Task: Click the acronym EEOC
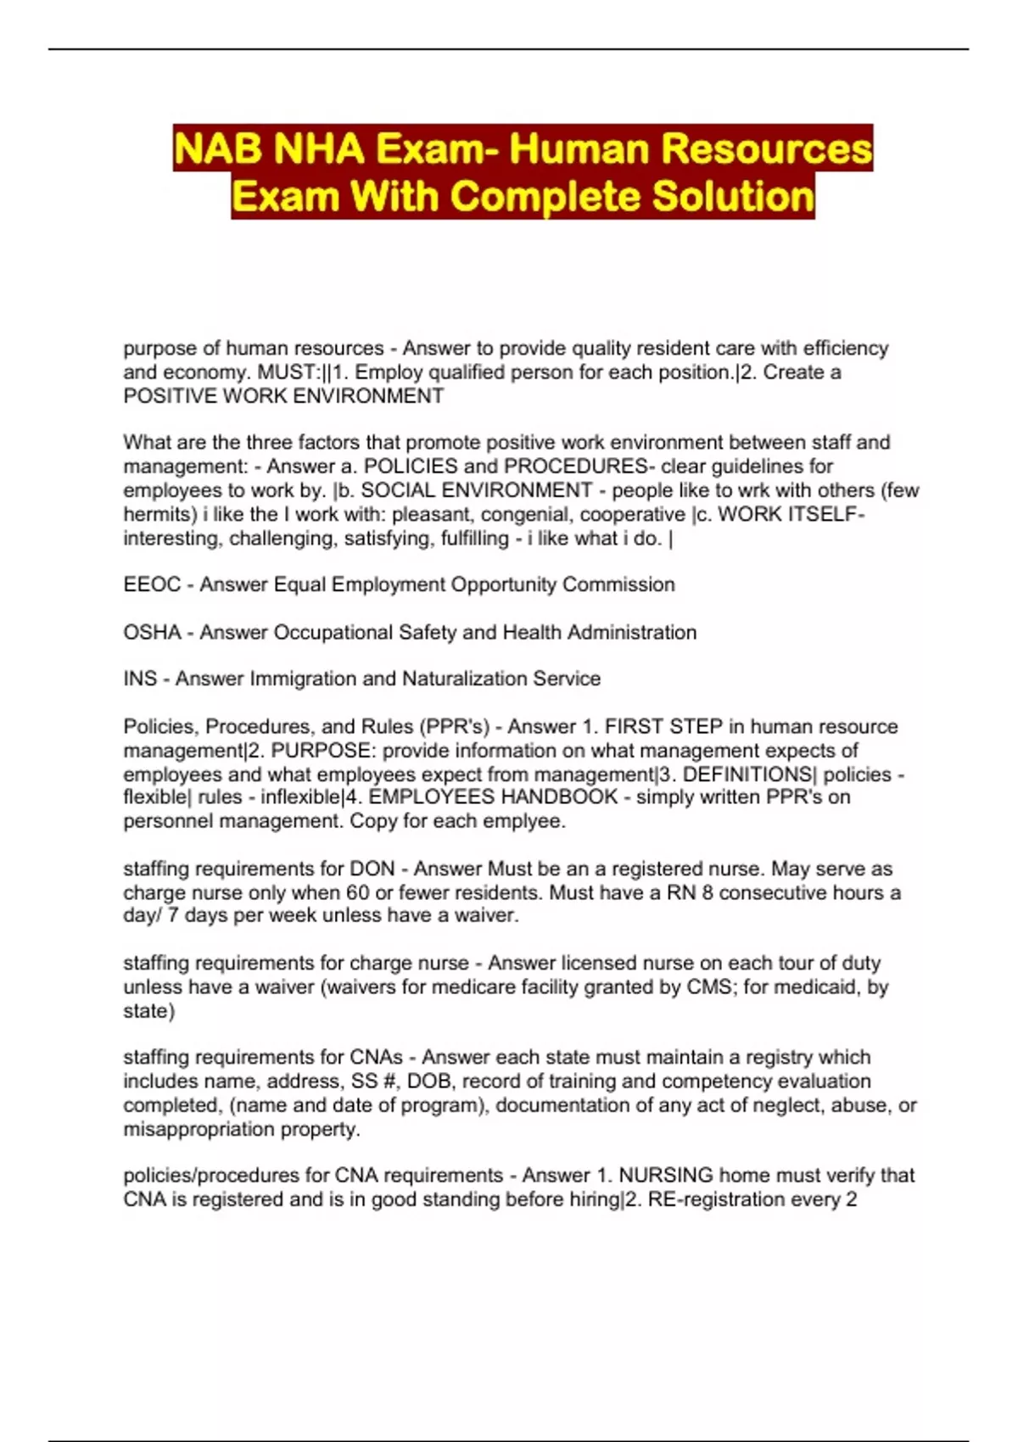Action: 152,584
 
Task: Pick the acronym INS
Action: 140,679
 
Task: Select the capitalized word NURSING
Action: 666,1175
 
